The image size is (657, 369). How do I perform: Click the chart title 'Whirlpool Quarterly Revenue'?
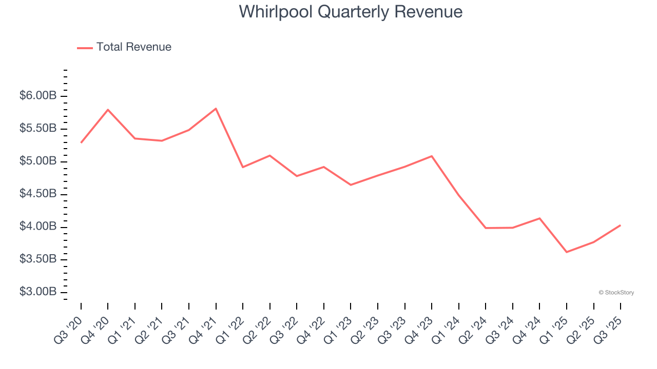[351, 12]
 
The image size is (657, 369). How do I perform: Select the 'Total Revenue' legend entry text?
[133, 47]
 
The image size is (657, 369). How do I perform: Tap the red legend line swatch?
[85, 48]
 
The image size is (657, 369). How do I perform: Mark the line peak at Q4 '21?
[216, 109]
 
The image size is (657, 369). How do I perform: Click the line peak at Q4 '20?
[108, 110]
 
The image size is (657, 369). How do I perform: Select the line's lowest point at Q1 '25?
[566, 252]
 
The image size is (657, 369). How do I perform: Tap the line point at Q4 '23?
[432, 156]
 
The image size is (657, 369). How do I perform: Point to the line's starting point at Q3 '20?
[81, 142]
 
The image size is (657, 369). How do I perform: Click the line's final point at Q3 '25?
[620, 225]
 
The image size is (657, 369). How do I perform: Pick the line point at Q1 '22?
[243, 167]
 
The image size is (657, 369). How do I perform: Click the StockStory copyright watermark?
[616, 293]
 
